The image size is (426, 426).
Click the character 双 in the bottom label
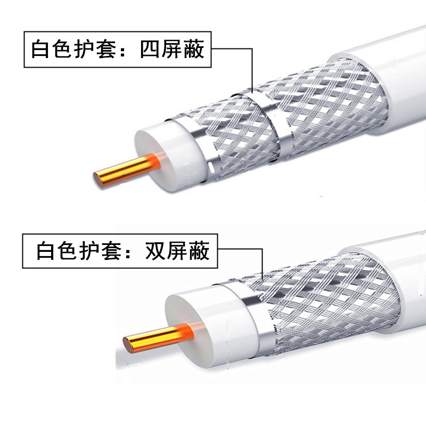tap(157, 250)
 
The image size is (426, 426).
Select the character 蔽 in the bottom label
tap(199, 250)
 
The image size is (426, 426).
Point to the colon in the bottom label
tap(133, 251)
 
